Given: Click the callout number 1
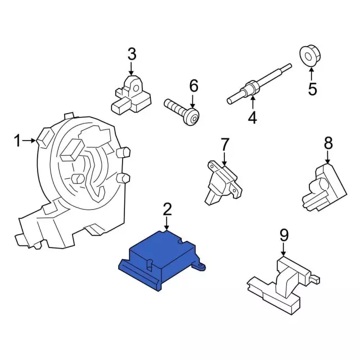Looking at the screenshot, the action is pos(17,141).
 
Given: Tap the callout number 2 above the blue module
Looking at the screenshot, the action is pos(167,209).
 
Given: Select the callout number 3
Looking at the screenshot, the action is pos(132,54).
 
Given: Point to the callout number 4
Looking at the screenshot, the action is pos(253,118).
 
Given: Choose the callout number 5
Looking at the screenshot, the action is pos(312,89).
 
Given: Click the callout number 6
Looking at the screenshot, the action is pos(193,86).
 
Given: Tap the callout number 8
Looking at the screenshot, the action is pos(328,142).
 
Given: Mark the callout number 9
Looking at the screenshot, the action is pos(283,235).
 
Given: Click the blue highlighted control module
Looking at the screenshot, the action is pos(161,260).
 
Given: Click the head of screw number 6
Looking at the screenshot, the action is pos(192,117).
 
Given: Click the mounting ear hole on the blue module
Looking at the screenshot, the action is pos(200,266).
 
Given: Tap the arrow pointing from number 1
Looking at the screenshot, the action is pos(29,140).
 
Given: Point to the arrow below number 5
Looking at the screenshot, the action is pos(312,74).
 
